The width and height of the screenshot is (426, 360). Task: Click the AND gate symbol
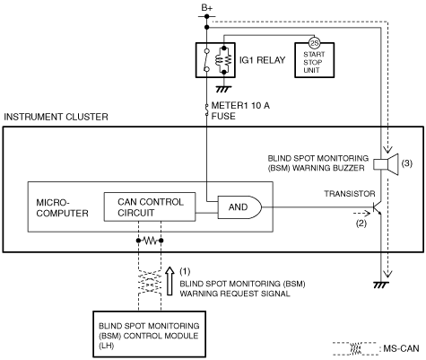pyautogui.click(x=239, y=207)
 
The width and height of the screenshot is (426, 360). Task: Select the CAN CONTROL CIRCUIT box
pyautogui.click(x=150, y=207)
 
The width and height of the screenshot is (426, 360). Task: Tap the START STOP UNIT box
pyautogui.click(x=314, y=60)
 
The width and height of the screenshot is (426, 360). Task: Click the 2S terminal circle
pyautogui.click(x=314, y=43)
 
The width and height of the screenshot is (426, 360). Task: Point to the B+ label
pyautogui.click(x=207, y=8)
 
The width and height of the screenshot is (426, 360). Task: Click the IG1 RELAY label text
pyautogui.click(x=262, y=60)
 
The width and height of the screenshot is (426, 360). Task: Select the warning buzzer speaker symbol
pyautogui.click(x=387, y=164)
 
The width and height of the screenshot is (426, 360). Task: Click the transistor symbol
pyautogui.click(x=378, y=207)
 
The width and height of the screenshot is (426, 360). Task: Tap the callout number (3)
pyautogui.click(x=407, y=163)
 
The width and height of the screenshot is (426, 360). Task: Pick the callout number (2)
pyautogui.click(x=361, y=224)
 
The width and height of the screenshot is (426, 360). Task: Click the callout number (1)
pyautogui.click(x=185, y=271)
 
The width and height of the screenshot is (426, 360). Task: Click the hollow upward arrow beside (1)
pyautogui.click(x=170, y=281)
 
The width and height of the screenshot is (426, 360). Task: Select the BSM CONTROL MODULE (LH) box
pyautogui.click(x=149, y=334)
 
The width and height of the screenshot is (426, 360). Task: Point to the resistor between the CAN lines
pyautogui.click(x=150, y=241)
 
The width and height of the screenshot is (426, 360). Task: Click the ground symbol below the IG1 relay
pyautogui.click(x=223, y=89)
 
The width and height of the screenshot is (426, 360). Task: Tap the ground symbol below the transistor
pyautogui.click(x=381, y=285)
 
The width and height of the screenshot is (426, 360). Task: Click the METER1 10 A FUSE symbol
pyautogui.click(x=206, y=110)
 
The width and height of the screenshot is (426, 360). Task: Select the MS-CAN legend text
pyautogui.click(x=401, y=348)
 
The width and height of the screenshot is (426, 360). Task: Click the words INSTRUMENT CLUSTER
pyautogui.click(x=56, y=117)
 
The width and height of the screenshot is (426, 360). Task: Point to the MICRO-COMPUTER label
pyautogui.click(x=62, y=207)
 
